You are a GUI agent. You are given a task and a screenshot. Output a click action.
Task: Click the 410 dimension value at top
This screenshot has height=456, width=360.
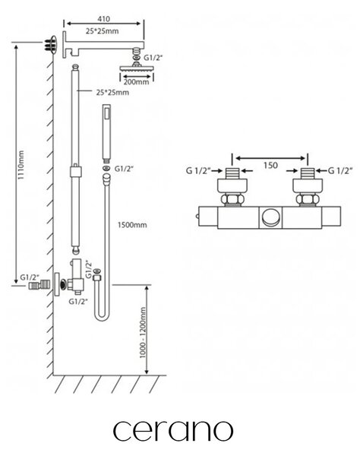(x=103, y=19)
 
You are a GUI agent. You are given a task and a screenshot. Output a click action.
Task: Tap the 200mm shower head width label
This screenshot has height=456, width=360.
(x=136, y=82)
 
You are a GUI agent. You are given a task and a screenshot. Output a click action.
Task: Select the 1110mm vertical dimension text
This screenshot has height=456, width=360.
(x=21, y=165)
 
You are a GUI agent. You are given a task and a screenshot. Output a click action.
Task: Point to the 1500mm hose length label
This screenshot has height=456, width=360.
(x=132, y=225)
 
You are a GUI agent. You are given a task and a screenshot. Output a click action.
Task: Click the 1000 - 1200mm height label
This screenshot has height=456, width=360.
(x=143, y=332)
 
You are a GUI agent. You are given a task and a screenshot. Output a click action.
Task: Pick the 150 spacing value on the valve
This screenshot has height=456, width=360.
(x=270, y=166)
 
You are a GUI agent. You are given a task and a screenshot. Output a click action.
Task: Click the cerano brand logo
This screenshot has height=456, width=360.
(x=173, y=430)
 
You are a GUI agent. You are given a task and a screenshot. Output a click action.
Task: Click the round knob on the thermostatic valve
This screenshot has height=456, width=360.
(x=272, y=217)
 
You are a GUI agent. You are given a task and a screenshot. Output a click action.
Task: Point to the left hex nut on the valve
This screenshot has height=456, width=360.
(x=232, y=199)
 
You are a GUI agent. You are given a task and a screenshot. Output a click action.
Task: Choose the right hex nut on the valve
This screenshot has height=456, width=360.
(x=308, y=199)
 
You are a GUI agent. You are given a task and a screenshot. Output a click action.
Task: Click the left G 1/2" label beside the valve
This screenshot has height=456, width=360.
(x=198, y=170)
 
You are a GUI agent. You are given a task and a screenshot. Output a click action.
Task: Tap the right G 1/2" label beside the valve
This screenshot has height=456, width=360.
(x=340, y=170)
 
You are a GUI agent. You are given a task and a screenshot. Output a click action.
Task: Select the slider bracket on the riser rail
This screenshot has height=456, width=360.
(x=75, y=171)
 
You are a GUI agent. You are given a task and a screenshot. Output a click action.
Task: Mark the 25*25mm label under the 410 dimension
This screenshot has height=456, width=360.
(x=102, y=31)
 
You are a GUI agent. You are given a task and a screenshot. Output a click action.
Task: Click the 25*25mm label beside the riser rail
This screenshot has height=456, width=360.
(x=112, y=93)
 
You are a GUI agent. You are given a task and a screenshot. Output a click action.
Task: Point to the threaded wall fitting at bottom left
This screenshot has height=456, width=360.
(x=39, y=285)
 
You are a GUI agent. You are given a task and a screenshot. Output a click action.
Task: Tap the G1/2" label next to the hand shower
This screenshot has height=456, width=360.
(x=124, y=169)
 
